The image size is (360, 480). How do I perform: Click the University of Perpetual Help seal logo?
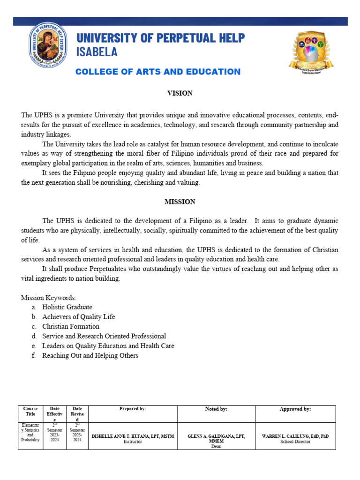pos(49,48)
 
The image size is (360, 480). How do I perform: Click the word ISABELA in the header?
pos(97,52)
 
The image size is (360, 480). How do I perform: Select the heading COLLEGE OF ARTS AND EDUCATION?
pos(158,72)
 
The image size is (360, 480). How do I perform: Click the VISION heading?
pos(180,93)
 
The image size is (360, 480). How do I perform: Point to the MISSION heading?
pos(180,202)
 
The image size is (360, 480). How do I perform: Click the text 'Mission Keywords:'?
pos(49,298)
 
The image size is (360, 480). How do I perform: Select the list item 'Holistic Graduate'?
pos(67,307)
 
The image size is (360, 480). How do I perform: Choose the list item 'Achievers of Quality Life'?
pos(78,317)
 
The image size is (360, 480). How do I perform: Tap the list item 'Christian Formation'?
pos(71,326)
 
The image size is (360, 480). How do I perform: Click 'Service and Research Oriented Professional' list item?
pos(104,336)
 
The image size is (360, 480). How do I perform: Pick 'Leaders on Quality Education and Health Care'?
pos(108,346)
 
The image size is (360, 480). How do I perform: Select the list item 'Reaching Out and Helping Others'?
pos(90,356)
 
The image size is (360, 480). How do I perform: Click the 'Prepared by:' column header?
pos(133,409)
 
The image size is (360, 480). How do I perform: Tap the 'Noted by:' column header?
pos(216,409)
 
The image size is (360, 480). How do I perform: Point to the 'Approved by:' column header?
pos(295,409)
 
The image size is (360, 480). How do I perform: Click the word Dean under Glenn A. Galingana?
pos(216,447)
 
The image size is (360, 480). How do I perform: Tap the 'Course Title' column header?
pos(30,412)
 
